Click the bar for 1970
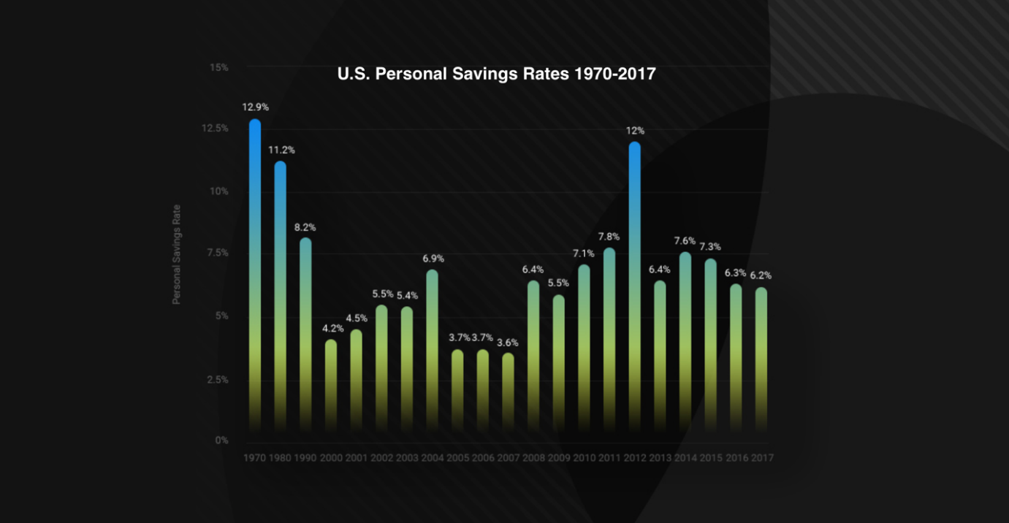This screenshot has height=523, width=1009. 255,278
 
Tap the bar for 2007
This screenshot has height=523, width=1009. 508,394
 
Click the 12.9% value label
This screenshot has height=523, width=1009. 256,107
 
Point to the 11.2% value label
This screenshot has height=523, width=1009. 281,150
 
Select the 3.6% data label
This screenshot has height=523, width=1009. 509,342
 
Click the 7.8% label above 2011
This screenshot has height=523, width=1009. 609,237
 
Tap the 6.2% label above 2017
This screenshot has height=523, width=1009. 761,276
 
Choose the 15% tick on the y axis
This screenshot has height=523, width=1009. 219,67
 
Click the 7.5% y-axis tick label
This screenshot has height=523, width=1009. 217,253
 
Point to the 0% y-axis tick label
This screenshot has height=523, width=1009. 221,440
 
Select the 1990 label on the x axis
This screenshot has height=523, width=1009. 305,459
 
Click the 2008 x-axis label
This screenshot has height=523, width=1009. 533,459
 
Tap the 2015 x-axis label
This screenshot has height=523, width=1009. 710,459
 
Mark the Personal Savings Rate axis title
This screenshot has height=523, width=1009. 176,254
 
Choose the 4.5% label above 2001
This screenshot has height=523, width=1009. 356,318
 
